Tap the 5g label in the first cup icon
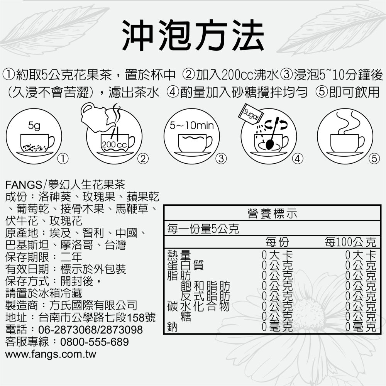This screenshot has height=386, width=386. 34,126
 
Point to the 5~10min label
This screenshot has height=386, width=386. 191,126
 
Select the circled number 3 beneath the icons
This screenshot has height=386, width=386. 221,158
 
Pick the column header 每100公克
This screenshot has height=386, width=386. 350,242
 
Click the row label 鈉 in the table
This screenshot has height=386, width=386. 172,327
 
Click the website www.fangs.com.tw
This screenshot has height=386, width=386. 51,354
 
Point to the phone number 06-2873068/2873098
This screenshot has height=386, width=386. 91,330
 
